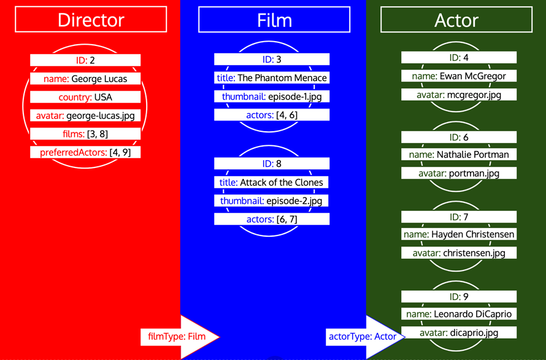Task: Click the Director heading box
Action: pos(91,20)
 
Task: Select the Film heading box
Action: pos(274,20)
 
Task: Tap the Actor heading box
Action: pos(456,20)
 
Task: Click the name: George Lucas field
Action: pos(85,79)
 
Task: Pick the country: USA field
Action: pos(85,97)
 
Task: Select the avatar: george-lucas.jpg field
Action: pos(85,115)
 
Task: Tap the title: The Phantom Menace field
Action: pos(272,78)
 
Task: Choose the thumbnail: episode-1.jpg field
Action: pos(272,96)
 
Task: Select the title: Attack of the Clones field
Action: pos(272,182)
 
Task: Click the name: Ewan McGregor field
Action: pos(459,76)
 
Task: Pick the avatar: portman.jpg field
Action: pos(459,174)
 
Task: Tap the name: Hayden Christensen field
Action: pos(459,234)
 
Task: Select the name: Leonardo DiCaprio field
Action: pos(459,314)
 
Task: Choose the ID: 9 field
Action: pos(459,296)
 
